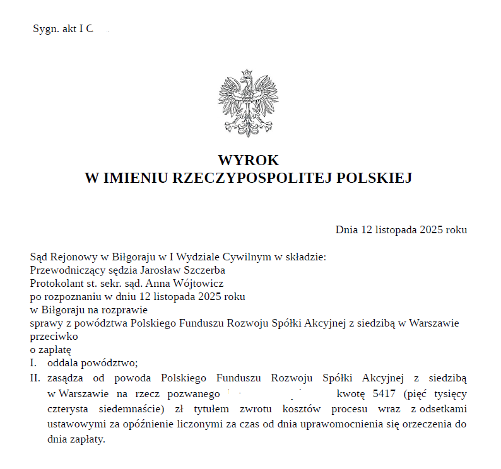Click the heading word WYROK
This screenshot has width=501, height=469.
click(x=248, y=161)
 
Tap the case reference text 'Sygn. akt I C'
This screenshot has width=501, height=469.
click(x=62, y=29)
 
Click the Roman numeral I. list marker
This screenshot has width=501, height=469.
click(x=34, y=362)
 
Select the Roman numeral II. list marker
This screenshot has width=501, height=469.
click(x=35, y=378)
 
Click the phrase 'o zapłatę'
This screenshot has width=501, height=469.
click(x=50, y=349)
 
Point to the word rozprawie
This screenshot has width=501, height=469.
click(x=127, y=310)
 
